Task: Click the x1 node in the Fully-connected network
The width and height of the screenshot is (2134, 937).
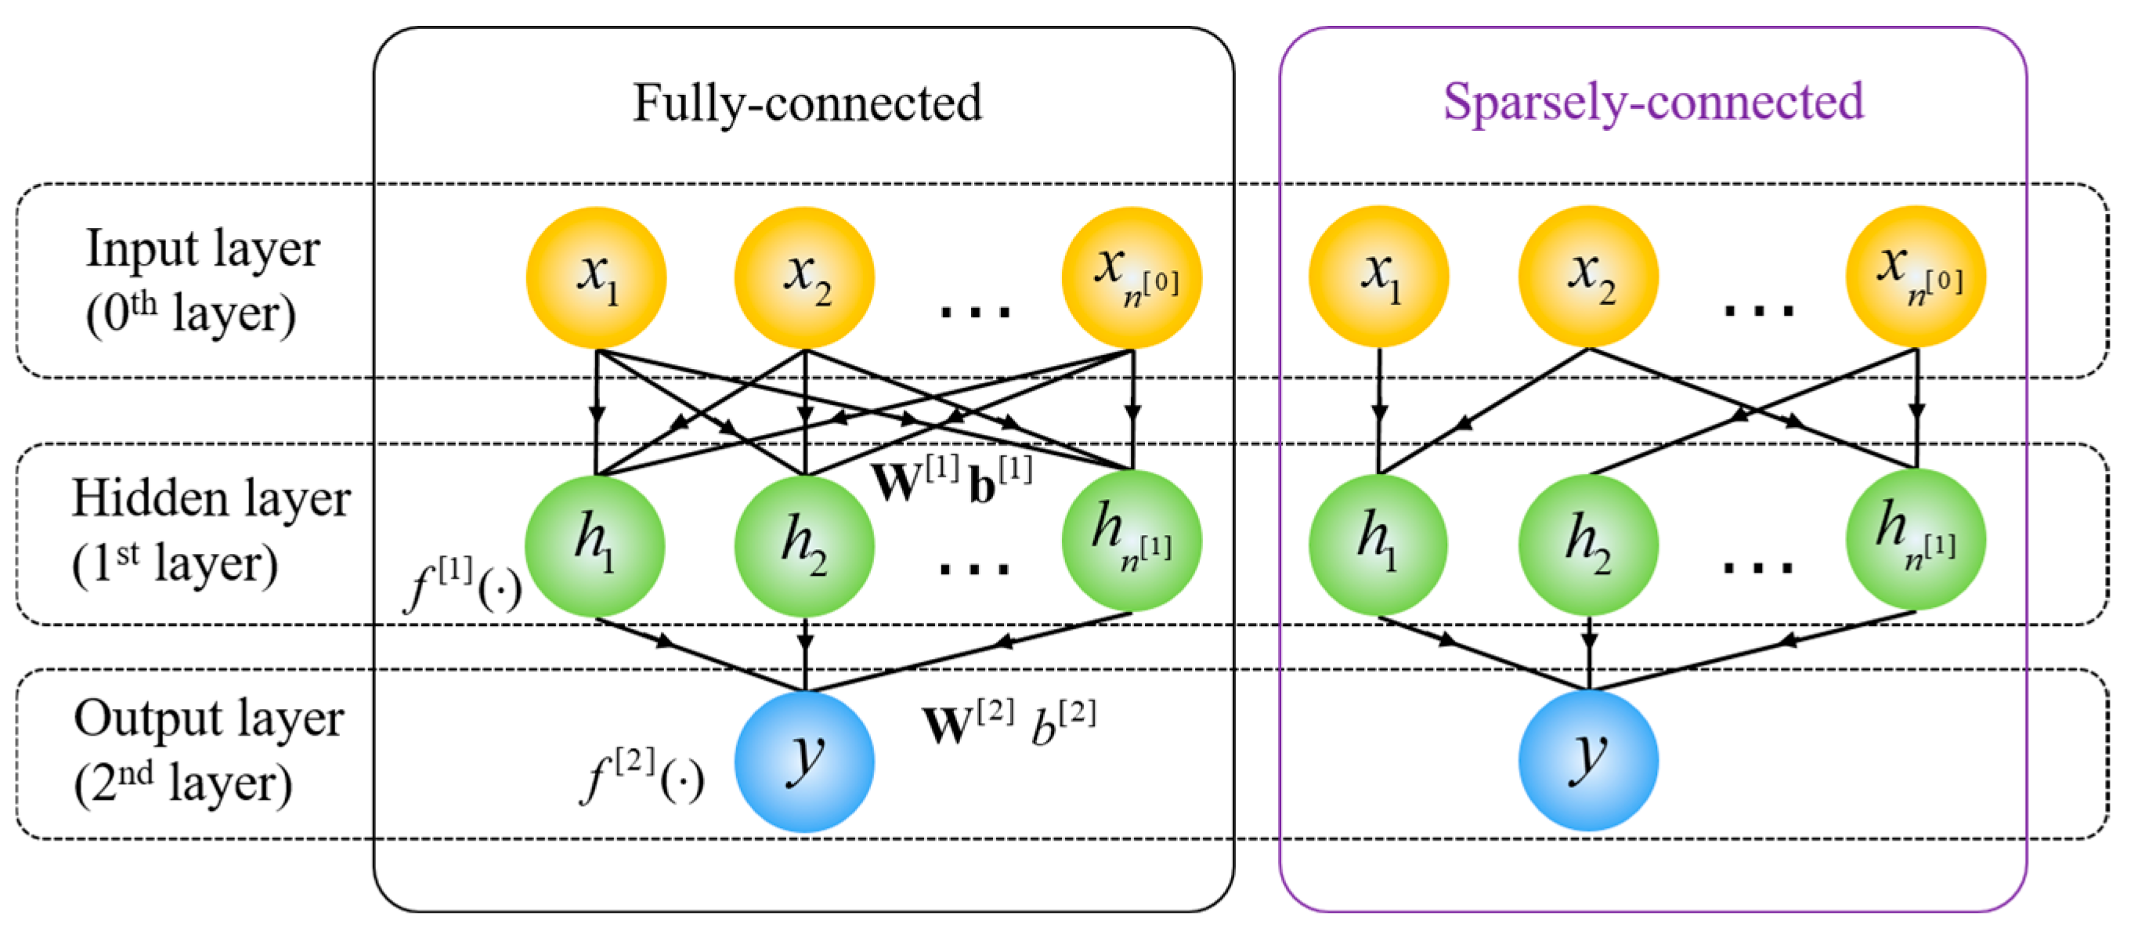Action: click(597, 277)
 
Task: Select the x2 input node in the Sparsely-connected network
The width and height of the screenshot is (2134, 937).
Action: click(1588, 277)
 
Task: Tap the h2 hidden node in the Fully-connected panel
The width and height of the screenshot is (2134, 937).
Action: click(803, 545)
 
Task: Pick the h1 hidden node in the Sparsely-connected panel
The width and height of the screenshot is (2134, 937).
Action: click(1378, 544)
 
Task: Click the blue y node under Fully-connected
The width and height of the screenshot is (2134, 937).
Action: click(803, 761)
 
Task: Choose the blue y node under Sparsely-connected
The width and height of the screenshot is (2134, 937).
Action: click(1588, 760)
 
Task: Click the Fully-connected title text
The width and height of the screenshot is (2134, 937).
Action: click(807, 103)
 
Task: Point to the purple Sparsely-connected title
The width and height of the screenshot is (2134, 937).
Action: click(1652, 102)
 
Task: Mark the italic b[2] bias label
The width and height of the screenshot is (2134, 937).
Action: click(1063, 721)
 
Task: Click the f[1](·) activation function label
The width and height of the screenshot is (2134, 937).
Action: click(462, 584)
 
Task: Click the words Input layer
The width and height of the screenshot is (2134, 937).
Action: click(203, 248)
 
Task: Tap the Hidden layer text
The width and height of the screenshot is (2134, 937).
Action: click(211, 499)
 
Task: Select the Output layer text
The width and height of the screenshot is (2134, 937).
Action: click(209, 718)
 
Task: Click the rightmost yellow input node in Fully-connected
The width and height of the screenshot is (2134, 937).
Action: click(1132, 277)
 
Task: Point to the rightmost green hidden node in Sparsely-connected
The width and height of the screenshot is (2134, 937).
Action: click(1916, 540)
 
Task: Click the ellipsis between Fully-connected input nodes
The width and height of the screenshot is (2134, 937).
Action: click(975, 312)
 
